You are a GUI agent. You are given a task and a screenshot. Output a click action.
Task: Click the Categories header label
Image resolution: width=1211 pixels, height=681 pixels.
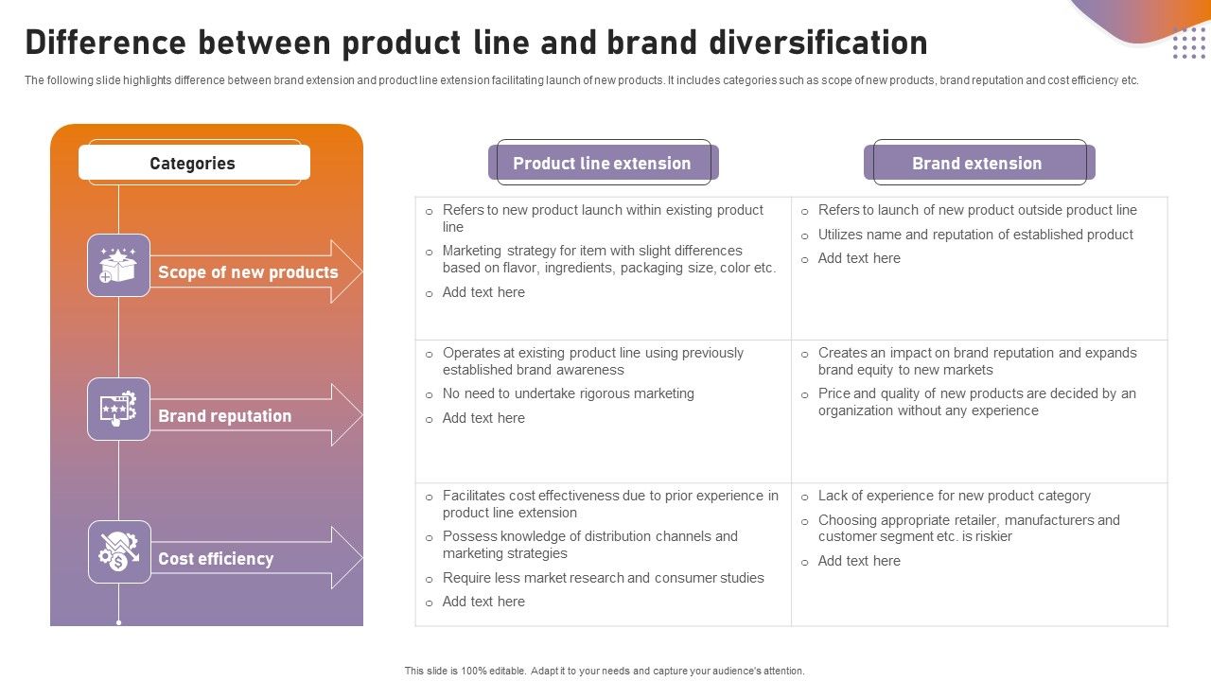193,164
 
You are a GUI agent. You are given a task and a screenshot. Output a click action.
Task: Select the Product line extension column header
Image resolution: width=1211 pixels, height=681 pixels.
602,164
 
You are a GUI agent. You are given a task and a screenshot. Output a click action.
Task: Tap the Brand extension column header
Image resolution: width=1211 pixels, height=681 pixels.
976,164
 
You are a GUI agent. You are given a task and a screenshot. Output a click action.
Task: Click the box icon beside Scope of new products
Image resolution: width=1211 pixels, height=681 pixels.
118,266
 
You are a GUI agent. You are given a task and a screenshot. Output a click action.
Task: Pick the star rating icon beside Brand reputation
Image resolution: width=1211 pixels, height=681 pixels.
118,410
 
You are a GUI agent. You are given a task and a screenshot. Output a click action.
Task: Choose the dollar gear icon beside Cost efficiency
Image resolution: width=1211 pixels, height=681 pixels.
118,552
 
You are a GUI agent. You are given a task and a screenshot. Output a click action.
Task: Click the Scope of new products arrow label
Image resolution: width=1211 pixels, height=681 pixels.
248,272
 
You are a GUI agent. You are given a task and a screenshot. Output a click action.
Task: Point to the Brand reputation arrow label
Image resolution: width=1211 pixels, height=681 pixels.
224,416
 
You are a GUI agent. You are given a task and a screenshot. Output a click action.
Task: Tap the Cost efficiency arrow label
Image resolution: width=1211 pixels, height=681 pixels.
216,559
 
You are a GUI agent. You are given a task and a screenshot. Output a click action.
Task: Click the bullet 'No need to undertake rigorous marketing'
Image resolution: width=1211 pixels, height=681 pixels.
568,393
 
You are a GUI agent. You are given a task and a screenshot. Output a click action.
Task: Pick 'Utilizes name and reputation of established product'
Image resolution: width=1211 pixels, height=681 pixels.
974,235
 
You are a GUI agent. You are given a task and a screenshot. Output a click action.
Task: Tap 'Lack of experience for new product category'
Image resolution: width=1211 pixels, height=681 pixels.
954,496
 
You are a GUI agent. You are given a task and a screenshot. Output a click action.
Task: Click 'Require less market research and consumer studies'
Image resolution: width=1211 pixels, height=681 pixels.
603,578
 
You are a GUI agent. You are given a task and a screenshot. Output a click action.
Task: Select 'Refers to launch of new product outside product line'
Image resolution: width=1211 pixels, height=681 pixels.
976,210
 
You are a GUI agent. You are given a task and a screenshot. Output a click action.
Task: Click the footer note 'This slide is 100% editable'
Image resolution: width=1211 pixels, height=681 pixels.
605,671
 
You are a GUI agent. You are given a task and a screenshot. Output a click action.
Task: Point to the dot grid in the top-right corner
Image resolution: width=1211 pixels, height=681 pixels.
1188,44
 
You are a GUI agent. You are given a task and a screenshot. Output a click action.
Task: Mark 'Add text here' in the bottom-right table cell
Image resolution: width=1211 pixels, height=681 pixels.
858,561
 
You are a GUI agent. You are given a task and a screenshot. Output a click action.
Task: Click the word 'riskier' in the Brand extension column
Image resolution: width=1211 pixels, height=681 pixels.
990,536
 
